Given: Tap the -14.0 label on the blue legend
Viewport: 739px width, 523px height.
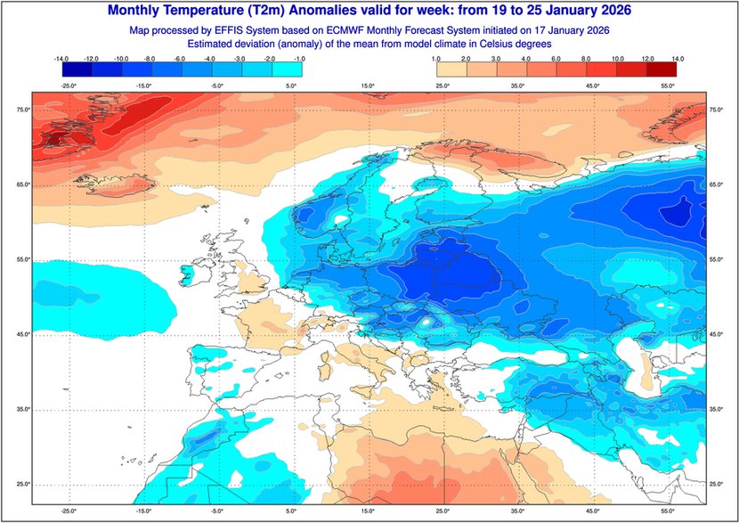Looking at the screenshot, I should click(62, 57).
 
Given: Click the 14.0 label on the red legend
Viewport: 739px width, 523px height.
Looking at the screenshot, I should click(678, 57).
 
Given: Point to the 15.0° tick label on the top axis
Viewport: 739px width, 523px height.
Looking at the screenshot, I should click(367, 86).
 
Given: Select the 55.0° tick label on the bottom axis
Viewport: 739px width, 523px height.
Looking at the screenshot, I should click(664, 511).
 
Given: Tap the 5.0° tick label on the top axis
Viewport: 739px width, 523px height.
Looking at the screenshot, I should click(292, 86).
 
